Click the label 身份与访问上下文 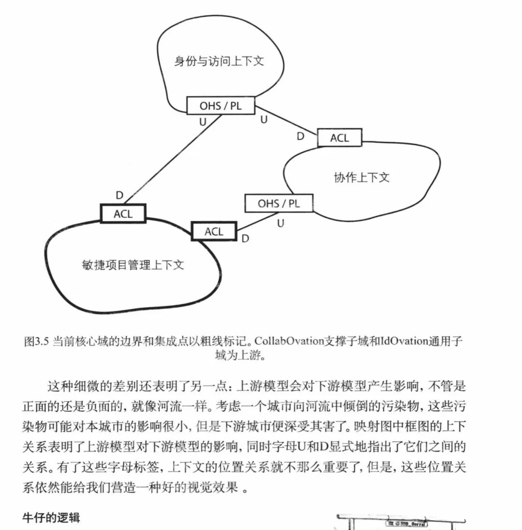[219, 61]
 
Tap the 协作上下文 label [362, 177]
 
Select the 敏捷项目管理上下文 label [133, 265]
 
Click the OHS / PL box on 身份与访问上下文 [220, 106]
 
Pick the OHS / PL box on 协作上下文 [278, 203]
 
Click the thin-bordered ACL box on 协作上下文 [339, 138]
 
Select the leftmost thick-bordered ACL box [123, 214]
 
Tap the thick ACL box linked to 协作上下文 [214, 231]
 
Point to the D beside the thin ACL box [301, 136]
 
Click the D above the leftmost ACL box [119, 196]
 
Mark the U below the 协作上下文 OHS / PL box [280, 223]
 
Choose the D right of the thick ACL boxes [246, 238]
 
